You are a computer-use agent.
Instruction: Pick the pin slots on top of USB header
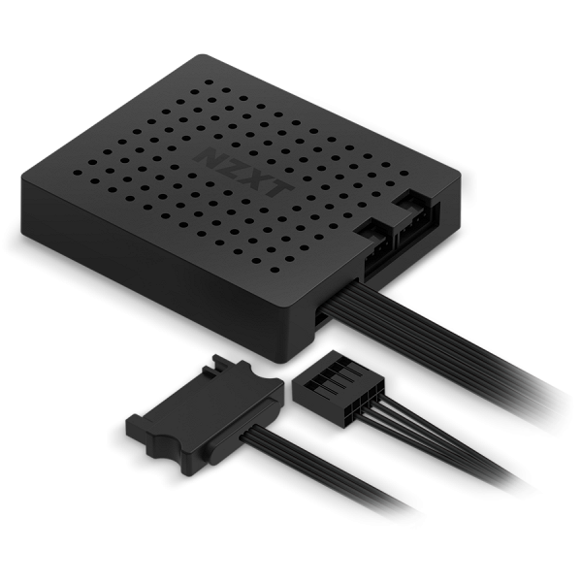pos(324,372)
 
